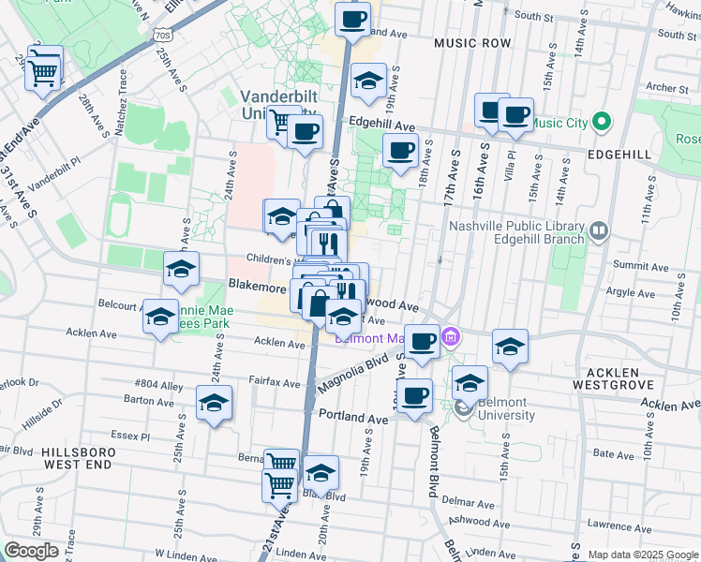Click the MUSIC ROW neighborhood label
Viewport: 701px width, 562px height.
pyautogui.click(x=472, y=44)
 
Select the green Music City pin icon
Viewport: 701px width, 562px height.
pyautogui.click(x=602, y=123)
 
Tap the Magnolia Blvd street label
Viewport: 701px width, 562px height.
pyautogui.click(x=354, y=369)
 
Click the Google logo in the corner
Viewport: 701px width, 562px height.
pyautogui.click(x=32, y=550)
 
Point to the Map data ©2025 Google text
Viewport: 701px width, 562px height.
pyautogui.click(x=642, y=555)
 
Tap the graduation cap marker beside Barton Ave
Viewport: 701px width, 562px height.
pyautogui.click(x=215, y=405)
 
